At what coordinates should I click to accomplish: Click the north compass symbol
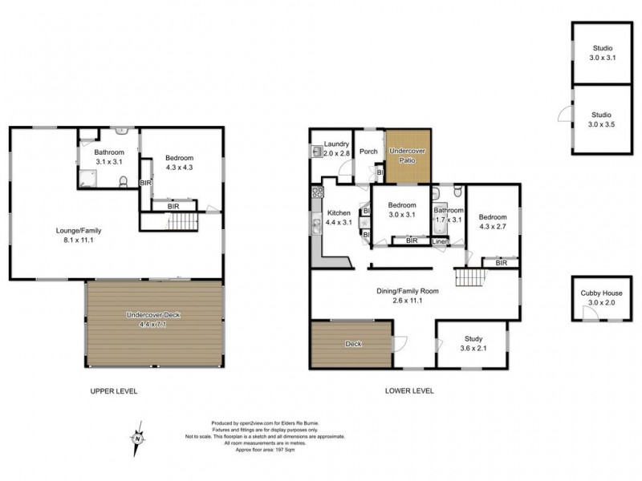coord(138,436)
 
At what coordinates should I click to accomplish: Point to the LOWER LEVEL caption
coord(410,391)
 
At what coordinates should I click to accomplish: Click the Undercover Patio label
coord(408,156)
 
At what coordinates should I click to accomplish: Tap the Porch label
coord(368,152)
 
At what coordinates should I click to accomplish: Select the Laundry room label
coord(336,148)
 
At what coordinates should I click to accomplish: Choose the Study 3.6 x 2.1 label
coord(471,342)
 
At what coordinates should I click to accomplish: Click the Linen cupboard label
coord(441,240)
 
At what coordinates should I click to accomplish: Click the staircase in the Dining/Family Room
coord(471,277)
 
